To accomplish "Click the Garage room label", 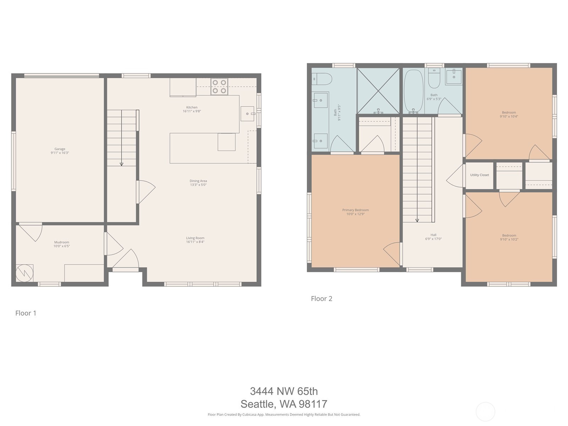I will point(60,149).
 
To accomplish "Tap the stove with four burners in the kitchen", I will point(219,87).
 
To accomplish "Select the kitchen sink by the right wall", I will point(247,114).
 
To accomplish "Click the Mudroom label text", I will point(61,242).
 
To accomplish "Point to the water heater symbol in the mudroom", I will point(24,273).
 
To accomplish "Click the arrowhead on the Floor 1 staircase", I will point(121,164).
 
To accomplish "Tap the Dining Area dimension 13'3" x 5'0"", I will point(198,185).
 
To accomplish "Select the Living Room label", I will point(195,238).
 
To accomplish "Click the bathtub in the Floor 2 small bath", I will point(414,91).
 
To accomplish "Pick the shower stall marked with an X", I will point(378,91).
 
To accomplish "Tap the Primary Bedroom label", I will point(355,210).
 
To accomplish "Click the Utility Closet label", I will point(479,175).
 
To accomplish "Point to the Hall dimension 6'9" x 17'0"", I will point(433,239).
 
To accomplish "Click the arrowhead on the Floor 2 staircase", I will point(417,220).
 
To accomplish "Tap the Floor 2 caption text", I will point(321,299).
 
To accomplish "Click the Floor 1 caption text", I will point(26,313).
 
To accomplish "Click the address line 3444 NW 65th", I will point(284,391).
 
